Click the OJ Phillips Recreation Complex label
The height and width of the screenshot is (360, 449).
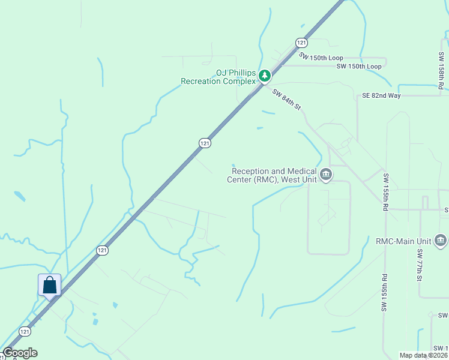click(218, 77)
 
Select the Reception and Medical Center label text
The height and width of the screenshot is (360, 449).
click(272, 175)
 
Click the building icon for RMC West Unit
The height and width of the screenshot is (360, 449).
click(326, 175)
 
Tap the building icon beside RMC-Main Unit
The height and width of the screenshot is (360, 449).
click(440, 241)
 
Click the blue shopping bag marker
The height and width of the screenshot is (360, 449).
click(49, 285)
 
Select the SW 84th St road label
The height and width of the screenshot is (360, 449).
click(286, 100)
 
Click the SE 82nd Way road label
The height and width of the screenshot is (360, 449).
click(381, 95)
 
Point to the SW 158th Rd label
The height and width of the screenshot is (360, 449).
click(441, 71)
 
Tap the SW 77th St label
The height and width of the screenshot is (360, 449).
click(420, 263)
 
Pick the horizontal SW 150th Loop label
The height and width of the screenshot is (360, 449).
click(359, 66)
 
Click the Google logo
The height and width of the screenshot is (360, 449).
click(20, 353)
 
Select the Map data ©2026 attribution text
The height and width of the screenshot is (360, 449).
click(423, 355)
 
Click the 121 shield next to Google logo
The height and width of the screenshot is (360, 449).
click(25, 331)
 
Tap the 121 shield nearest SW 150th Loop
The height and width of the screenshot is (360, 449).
click(301, 43)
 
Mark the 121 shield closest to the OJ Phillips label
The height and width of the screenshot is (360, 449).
click(205, 142)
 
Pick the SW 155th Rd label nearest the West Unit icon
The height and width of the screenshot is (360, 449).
click(384, 192)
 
